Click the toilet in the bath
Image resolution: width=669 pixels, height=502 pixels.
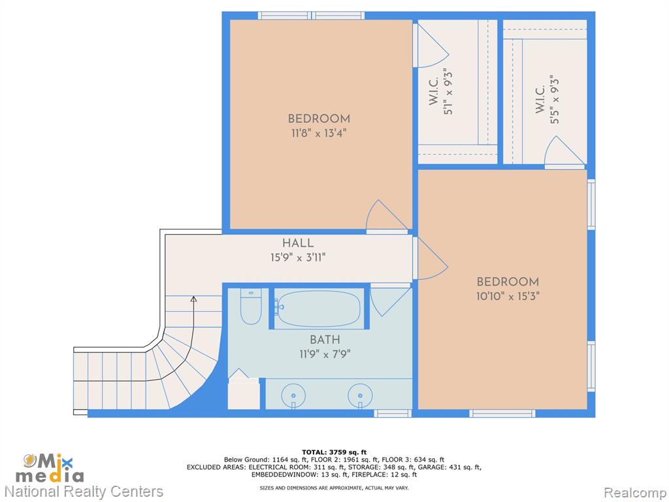250,306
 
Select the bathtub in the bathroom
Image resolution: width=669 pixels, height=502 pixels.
319,309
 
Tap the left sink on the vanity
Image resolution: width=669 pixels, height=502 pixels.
293,395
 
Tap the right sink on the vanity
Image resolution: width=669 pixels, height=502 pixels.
360,395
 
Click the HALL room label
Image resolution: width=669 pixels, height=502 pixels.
298,243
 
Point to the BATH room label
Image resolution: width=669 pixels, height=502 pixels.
325,340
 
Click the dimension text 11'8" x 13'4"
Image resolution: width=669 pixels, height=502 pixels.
318,133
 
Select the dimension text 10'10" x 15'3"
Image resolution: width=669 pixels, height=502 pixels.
508,296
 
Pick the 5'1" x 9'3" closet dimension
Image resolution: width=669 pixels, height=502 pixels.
448,92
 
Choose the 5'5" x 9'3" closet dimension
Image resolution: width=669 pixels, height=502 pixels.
554,99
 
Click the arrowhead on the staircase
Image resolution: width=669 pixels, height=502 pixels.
193,299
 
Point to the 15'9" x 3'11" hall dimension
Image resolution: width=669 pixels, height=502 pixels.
298,258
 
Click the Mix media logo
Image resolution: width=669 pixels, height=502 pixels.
50,468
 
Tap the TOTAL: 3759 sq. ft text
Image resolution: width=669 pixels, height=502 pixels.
334,452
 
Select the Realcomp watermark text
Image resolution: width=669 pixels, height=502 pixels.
635,492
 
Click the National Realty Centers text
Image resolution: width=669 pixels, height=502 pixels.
84,492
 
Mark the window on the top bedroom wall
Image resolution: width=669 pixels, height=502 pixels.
311,16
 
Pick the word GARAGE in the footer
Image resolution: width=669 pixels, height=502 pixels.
432,467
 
